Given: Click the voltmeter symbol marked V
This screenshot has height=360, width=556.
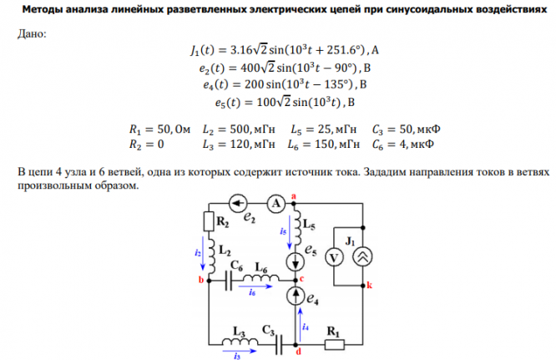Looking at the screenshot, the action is tap(335, 258).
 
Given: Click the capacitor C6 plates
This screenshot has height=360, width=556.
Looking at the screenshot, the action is tap(230, 280).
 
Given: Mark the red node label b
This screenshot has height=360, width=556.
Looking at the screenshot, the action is tap(200, 281).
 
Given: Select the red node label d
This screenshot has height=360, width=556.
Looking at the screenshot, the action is tap(298, 352).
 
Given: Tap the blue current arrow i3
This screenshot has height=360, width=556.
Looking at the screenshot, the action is tap(238, 355).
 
